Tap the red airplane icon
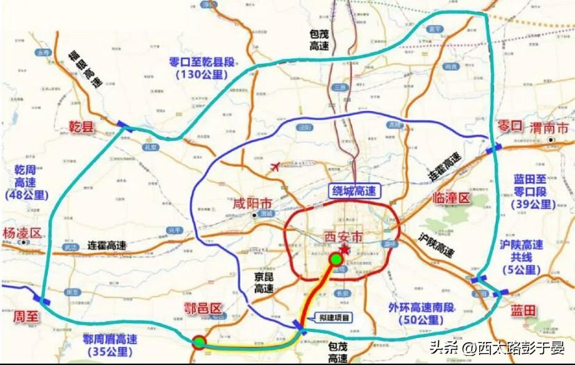coord(276,167)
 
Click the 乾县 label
coord(81,126)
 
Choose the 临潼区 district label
coord(451,198)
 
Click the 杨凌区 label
coord(22,232)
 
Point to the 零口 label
coord(510,126)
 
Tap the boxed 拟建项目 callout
coord(332,317)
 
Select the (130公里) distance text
coord(201,74)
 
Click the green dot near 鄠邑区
coord(199,341)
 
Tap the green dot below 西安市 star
coord(336,260)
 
